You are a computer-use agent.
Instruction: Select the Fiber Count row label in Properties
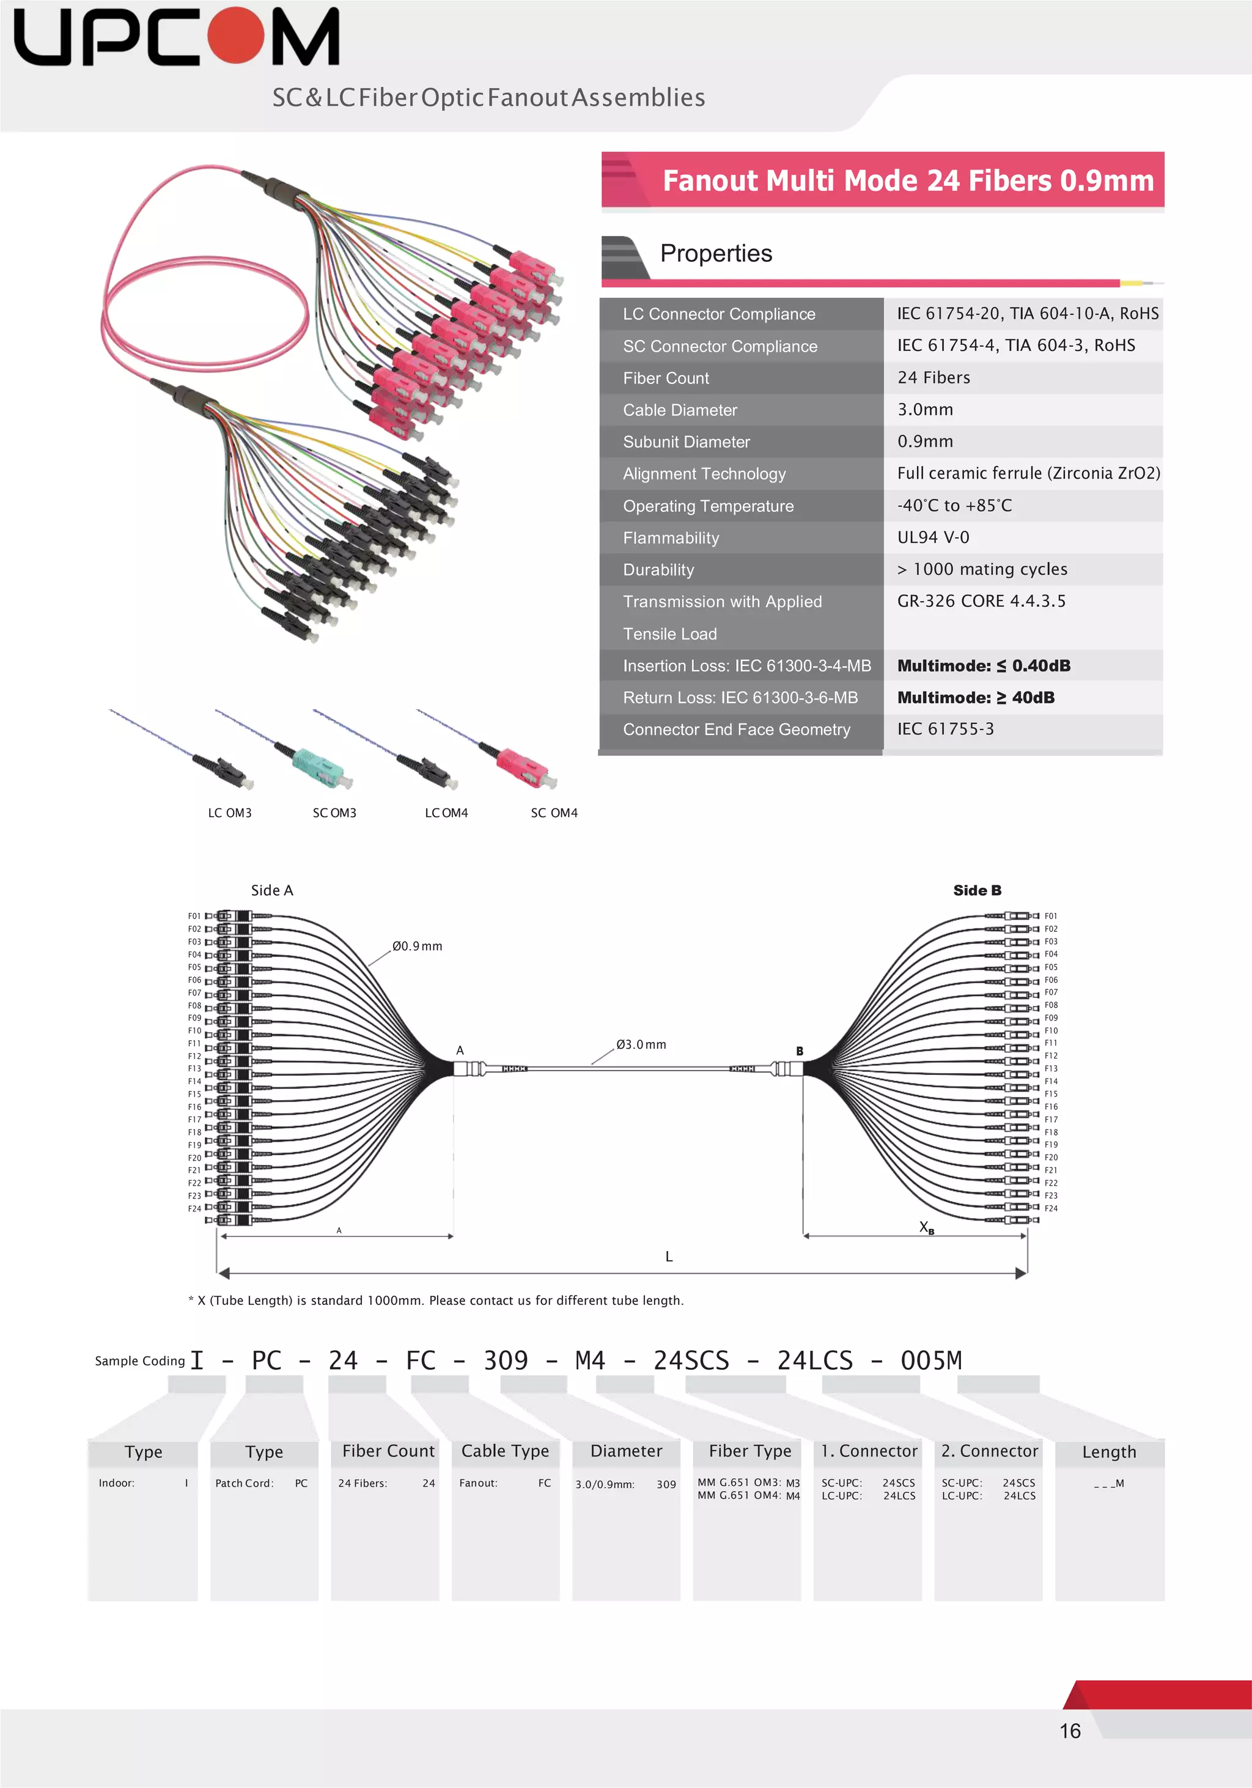tap(666, 379)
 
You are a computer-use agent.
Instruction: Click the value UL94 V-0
tap(933, 538)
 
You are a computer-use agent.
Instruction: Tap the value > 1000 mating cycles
tap(982, 569)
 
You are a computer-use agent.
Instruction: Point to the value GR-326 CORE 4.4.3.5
tap(981, 601)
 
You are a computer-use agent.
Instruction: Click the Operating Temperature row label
tap(708, 506)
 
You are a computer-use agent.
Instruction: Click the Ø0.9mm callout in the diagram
tap(418, 946)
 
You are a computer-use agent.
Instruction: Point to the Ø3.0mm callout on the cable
tap(641, 1044)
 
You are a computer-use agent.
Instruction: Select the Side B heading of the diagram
tap(977, 890)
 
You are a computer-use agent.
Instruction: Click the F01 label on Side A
tap(194, 917)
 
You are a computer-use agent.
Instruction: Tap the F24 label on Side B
tap(1051, 1209)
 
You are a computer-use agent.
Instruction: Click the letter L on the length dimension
tap(669, 1256)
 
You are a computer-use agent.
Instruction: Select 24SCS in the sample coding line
tap(691, 1361)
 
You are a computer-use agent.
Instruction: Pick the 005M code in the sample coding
tap(930, 1361)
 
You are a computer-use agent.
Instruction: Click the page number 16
tap(1070, 1731)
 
